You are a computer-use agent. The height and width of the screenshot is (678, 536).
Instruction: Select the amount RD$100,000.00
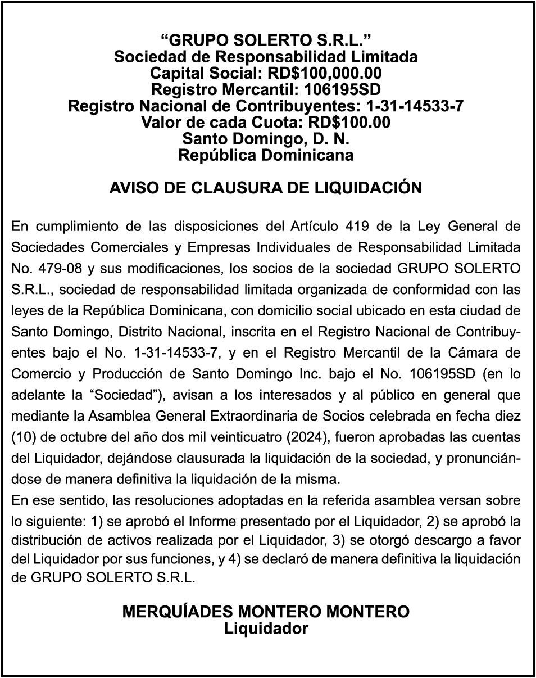click(324, 73)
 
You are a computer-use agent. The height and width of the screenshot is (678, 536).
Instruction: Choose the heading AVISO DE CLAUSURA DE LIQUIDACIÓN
click(266, 188)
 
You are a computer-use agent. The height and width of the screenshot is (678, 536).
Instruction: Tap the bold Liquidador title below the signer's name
click(266, 628)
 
